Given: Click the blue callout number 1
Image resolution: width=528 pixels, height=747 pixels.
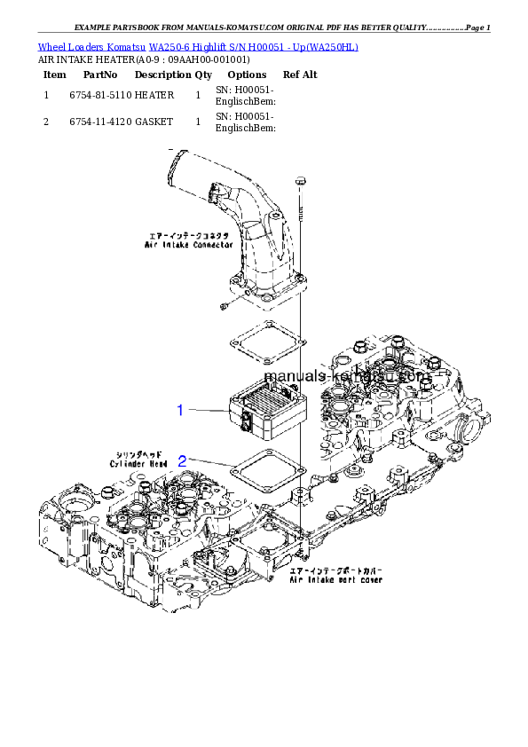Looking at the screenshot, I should click(180, 410).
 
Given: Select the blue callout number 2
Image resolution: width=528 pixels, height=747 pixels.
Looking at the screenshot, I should click(182, 461).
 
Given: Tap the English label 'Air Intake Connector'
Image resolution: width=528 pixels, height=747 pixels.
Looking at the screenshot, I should click(190, 245).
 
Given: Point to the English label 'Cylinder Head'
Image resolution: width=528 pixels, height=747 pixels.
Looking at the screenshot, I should click(138, 463).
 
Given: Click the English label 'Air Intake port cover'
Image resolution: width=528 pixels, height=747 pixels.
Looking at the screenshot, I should click(336, 579).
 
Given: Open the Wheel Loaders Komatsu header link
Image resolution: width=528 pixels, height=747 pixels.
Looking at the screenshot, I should click(198, 46).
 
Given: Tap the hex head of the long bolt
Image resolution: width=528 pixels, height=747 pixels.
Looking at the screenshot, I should click(303, 181).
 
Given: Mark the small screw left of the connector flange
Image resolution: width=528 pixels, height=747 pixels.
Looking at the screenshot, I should click(225, 306).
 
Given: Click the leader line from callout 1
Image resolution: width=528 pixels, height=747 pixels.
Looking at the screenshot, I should click(209, 411).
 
